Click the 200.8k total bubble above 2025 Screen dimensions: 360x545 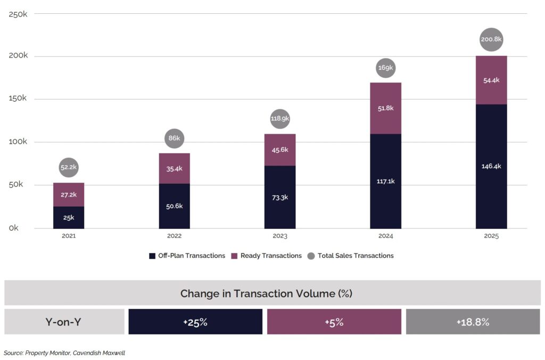491,39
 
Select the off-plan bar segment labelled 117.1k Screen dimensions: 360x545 385,181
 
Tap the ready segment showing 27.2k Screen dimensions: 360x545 69,194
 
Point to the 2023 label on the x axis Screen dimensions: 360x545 280,236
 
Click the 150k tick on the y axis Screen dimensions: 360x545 19,99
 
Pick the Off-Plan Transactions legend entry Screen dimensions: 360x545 187,256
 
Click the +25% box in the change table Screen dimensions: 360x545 195,322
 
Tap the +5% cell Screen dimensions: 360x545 334,322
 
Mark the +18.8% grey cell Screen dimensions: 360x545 473,322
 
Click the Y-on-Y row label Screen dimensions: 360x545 64,322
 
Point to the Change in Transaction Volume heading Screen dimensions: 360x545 266,293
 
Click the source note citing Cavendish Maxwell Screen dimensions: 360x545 64,353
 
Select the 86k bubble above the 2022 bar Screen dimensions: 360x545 174,138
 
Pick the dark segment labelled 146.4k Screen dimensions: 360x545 491,166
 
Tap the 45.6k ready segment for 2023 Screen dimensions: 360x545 280,150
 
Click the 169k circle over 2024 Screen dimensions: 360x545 385,68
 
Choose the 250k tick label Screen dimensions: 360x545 19,14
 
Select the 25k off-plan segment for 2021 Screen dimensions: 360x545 69,218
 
